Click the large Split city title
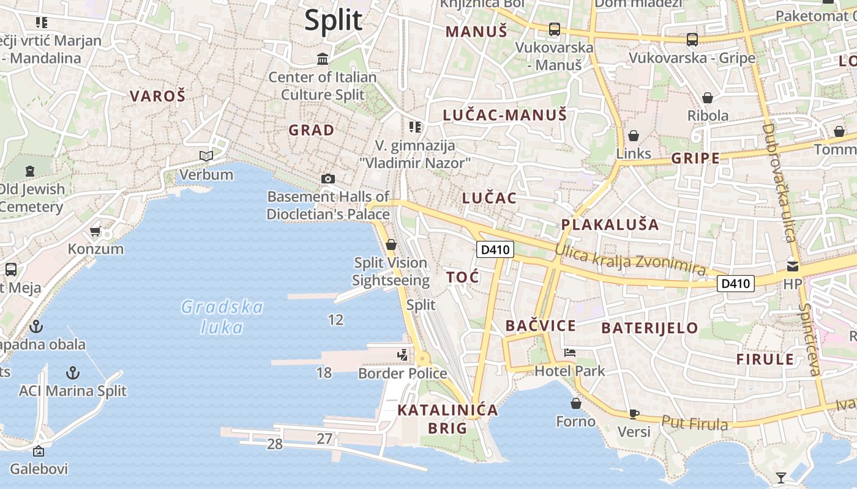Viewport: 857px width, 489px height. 334,20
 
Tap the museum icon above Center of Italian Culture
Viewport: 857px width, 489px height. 323,59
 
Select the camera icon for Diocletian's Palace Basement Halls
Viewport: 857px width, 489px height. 328,178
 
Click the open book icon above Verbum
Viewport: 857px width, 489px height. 206,156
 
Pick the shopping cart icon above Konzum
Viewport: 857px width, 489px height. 95,231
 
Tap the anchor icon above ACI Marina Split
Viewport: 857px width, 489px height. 73,372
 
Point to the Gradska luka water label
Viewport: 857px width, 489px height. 222,317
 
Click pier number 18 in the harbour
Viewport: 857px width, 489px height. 324,372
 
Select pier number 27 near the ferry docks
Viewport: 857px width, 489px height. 324,438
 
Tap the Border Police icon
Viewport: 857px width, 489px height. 403,355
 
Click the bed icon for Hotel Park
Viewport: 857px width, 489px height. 570,353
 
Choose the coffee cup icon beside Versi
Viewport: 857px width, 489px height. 634,414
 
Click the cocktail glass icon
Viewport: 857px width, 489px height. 780,477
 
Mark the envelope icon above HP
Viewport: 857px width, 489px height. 793,266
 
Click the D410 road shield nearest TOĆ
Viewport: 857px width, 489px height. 495,249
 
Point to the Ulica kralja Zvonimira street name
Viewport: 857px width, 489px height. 631,260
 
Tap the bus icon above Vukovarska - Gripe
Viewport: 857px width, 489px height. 692,39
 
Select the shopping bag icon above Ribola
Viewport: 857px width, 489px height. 708,98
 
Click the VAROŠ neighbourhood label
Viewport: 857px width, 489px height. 157,96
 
